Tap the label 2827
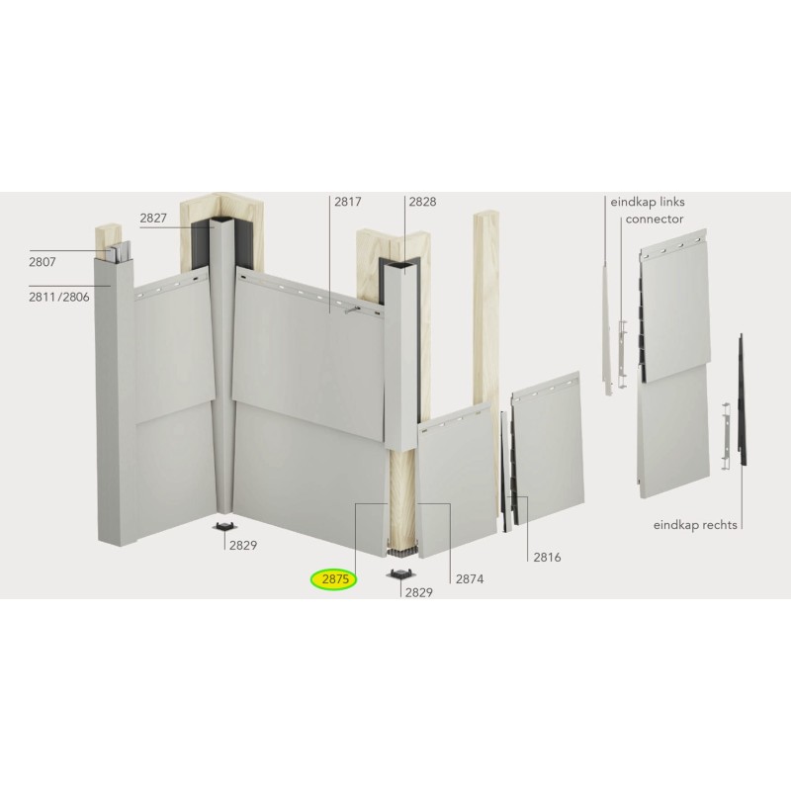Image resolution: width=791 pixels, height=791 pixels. click(x=153, y=218)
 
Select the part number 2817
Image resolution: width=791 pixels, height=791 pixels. click(x=347, y=202)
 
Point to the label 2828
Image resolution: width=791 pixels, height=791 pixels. click(x=422, y=202)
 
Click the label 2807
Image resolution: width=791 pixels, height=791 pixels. click(x=44, y=264)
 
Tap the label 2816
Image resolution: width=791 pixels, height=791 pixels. click(x=546, y=558)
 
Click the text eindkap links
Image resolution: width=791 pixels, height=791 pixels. click(x=648, y=202)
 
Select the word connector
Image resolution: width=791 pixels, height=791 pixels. click(x=655, y=219)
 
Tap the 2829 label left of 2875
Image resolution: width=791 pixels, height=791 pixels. click(x=243, y=545)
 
